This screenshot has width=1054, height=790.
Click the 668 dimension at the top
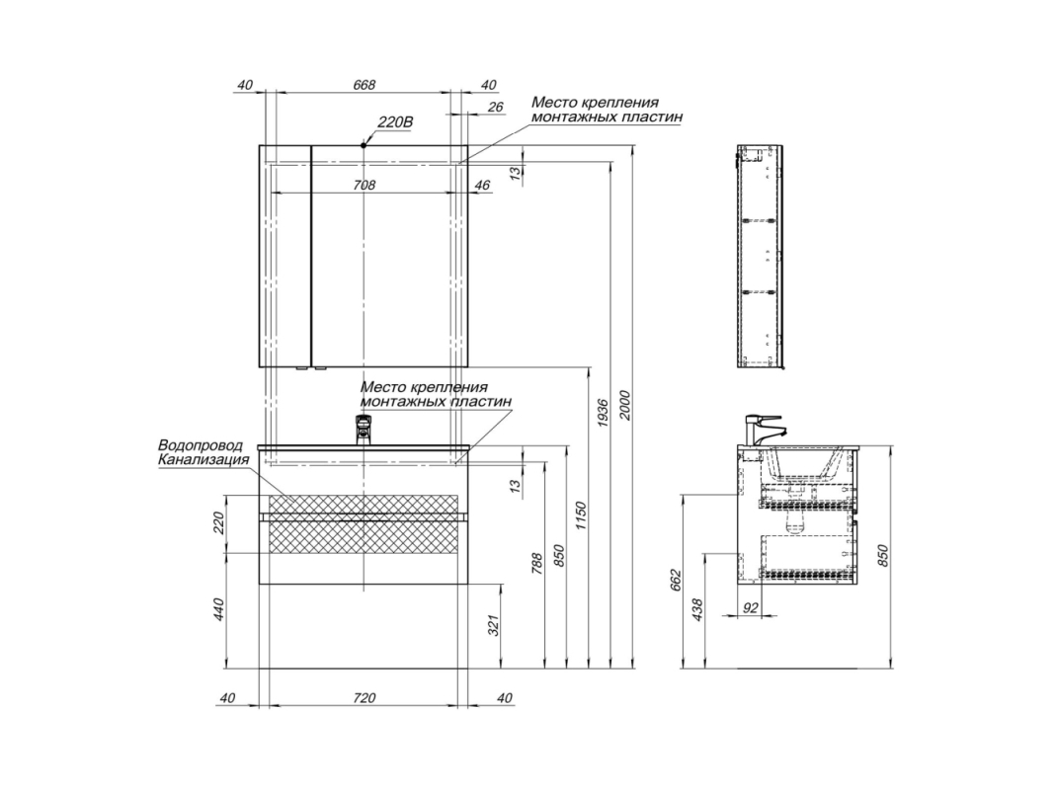tap(364, 85)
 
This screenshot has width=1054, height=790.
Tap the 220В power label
tap(394, 122)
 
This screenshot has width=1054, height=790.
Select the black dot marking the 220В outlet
tap(364, 144)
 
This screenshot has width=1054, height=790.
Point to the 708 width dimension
tap(364, 185)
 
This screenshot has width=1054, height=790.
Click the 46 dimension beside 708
tap(482, 185)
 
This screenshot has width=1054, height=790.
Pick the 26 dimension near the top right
tap(495, 107)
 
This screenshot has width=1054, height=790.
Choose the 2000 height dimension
tap(625, 405)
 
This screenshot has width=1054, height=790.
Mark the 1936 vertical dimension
tap(603, 413)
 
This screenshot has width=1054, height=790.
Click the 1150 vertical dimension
tap(582, 514)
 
